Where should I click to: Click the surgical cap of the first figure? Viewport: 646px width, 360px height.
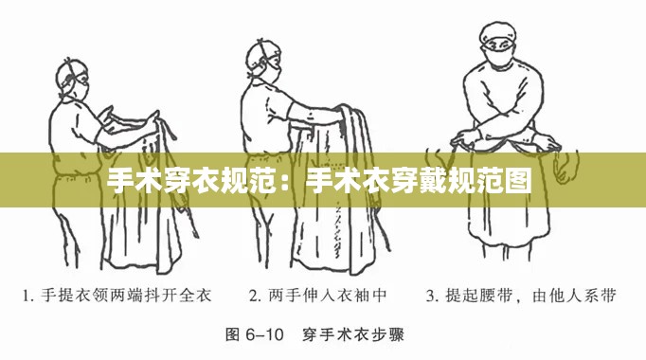(x=76, y=68)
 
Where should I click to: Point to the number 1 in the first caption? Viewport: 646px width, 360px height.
(x=29, y=296)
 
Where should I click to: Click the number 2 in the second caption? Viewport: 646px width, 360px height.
(x=254, y=296)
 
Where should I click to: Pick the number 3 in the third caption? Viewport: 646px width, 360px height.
(x=432, y=296)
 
